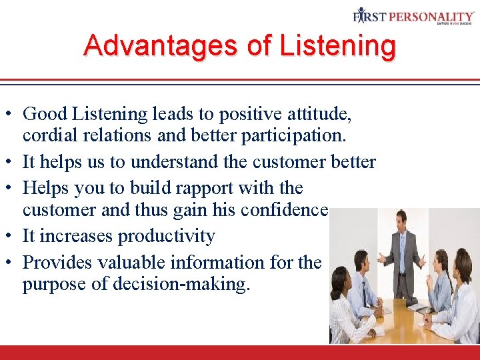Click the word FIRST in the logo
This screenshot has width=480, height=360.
370,16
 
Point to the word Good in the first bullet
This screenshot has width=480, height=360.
44,115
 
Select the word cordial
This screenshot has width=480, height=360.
47,137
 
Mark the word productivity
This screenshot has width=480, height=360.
165,236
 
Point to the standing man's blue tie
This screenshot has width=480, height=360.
401,244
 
